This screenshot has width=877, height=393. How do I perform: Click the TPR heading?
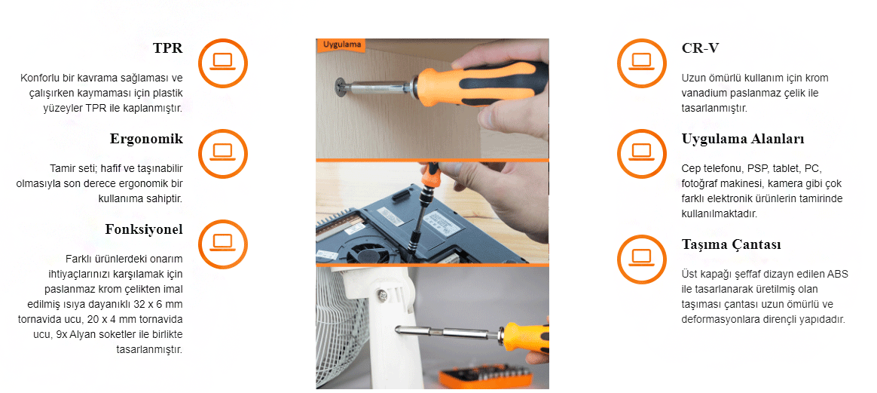coord(168,48)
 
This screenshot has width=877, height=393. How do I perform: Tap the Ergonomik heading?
coord(146,139)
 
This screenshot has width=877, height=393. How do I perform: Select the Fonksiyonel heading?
coord(144,229)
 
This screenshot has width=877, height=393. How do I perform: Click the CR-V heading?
coord(700,48)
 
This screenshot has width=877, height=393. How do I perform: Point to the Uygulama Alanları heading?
coord(743,139)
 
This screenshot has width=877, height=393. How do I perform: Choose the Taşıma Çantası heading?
coord(732,244)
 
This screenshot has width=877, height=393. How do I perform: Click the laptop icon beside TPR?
coord(222,62)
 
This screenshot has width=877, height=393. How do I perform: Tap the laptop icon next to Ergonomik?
coord(222,153)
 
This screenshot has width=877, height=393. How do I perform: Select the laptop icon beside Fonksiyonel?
coord(222,244)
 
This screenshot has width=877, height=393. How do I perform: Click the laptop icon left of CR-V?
coord(641,62)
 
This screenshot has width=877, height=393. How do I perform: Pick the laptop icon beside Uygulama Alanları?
coord(641,153)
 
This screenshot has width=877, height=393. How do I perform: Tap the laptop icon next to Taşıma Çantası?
coord(641,259)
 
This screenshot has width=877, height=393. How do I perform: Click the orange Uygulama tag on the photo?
coord(341,45)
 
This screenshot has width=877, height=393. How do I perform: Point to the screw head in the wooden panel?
coord(341,87)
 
